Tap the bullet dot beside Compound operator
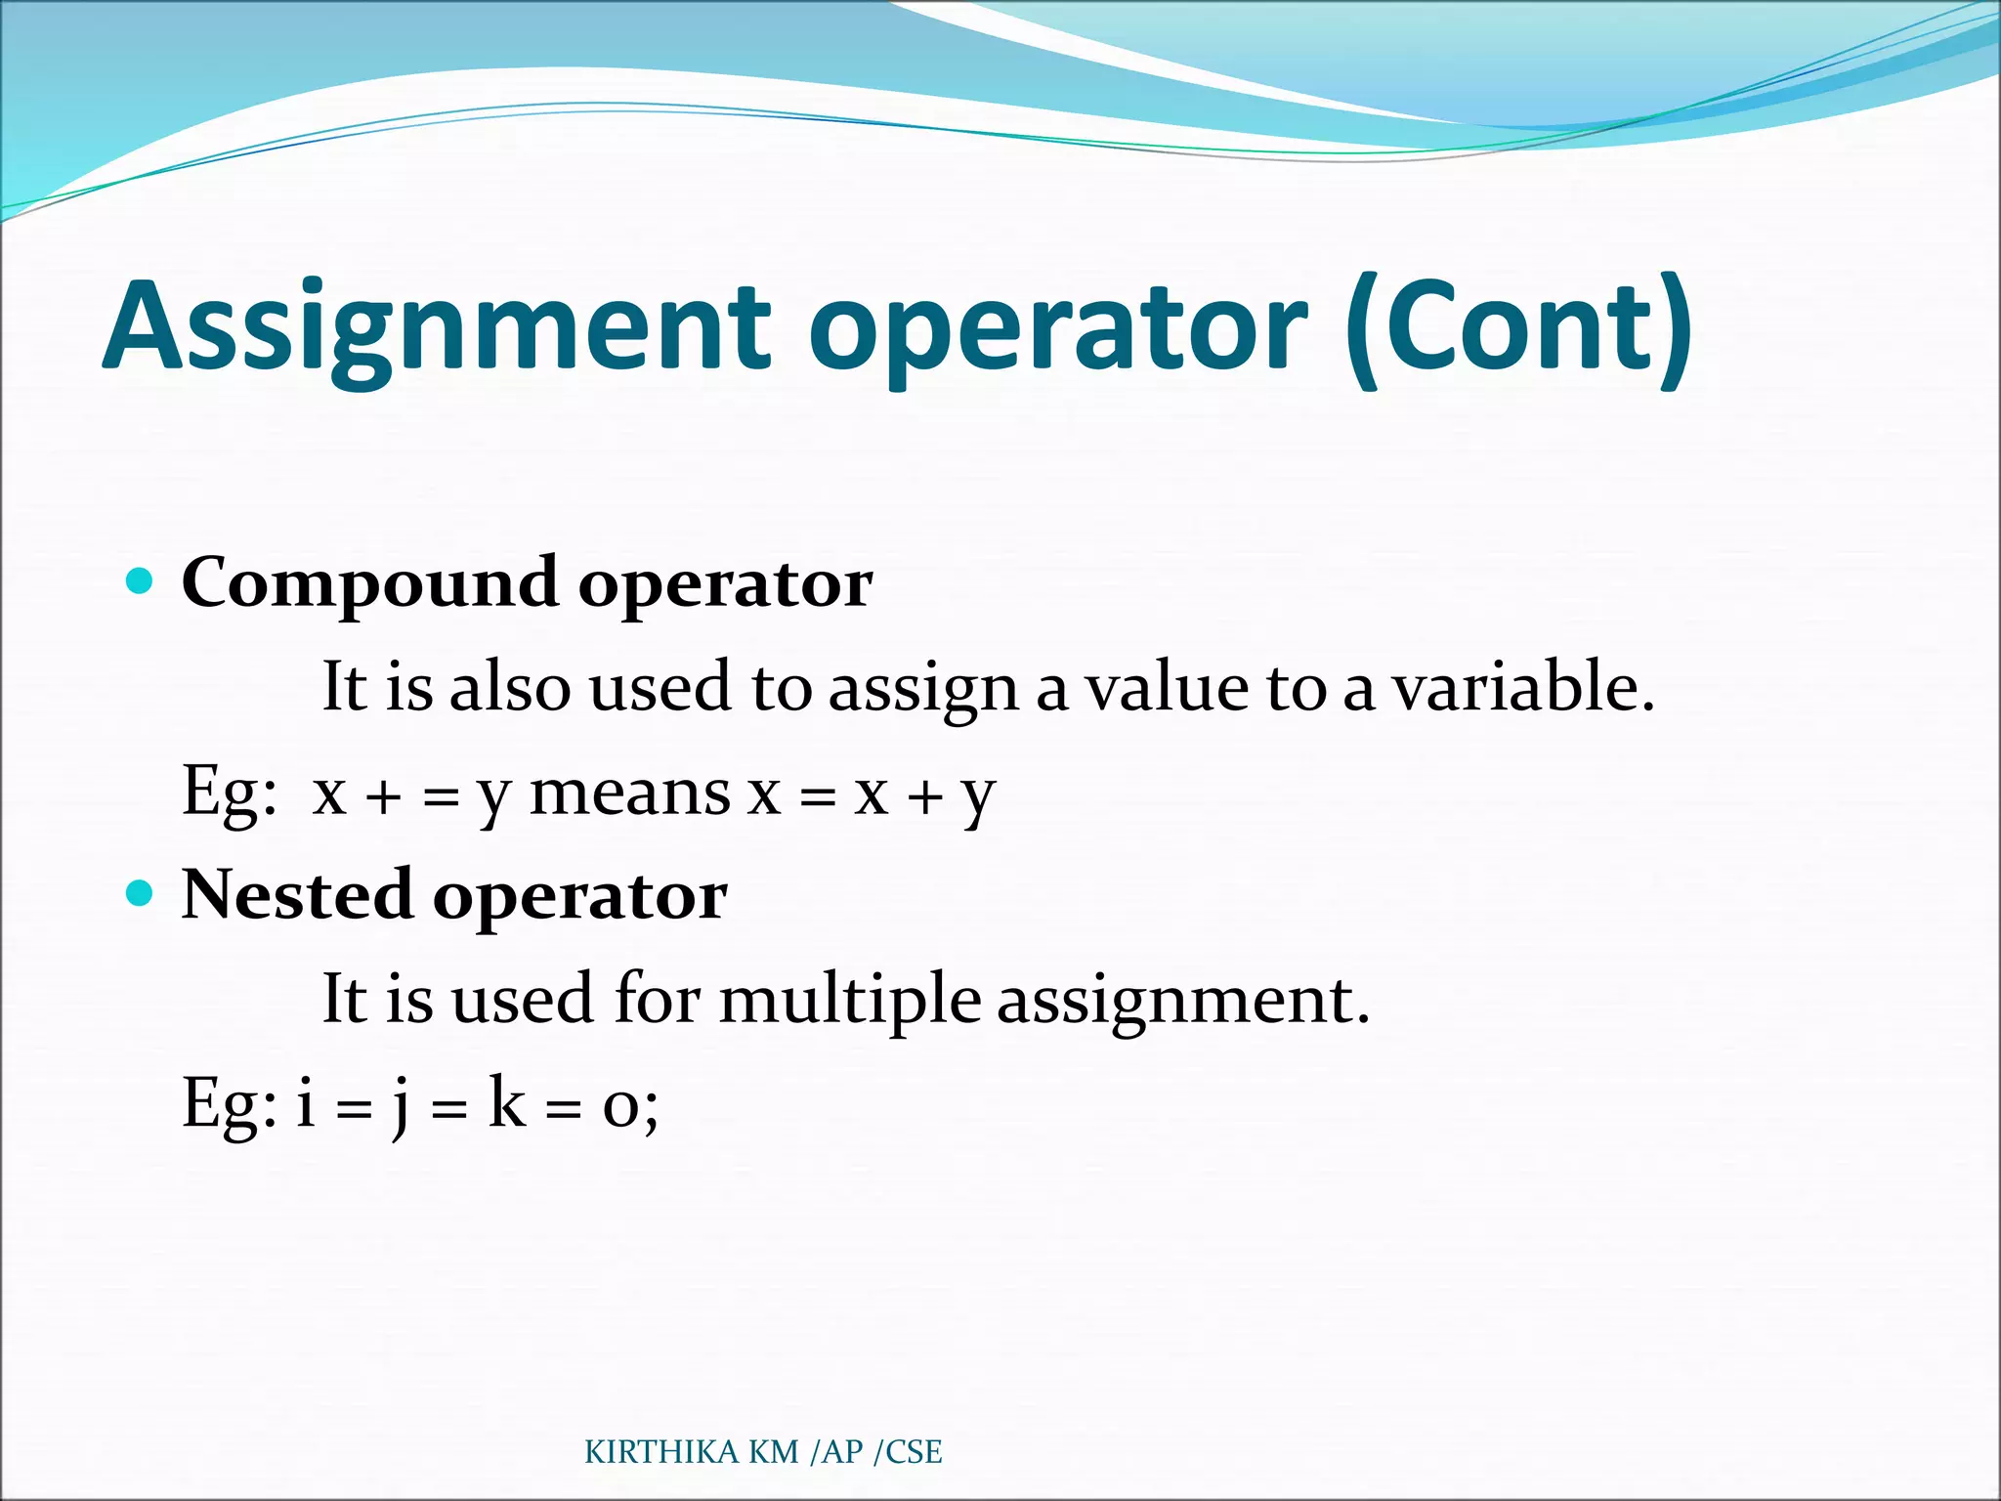click(141, 581)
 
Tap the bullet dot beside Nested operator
click(141, 893)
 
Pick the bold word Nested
click(297, 895)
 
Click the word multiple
click(850, 1000)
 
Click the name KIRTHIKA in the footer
click(661, 1452)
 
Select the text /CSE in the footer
click(908, 1452)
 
